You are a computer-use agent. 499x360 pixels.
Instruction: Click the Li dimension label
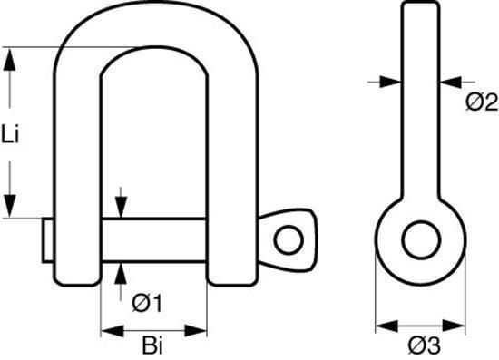click(10, 134)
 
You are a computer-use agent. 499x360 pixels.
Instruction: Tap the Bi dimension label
click(152, 345)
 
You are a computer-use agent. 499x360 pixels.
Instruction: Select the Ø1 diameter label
click(147, 304)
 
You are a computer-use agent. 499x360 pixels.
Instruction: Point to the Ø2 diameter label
click(482, 102)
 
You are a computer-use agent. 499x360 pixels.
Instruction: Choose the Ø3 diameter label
click(425, 345)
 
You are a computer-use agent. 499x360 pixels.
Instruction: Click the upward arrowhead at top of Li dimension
click(10, 59)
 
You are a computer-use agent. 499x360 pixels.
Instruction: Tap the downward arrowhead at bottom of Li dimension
click(10, 206)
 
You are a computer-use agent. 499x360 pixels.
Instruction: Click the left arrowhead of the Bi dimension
click(112, 331)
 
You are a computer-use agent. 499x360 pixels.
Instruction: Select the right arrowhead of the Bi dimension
click(196, 331)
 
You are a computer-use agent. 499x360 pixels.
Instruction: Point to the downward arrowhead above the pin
click(121, 208)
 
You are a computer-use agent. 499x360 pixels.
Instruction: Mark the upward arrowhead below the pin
click(121, 273)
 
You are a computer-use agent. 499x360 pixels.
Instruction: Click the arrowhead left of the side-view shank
click(390, 82)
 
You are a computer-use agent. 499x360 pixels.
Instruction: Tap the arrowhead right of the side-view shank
click(451, 82)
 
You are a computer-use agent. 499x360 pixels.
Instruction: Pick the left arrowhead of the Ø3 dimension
click(387, 326)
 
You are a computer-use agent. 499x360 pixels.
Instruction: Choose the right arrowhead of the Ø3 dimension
click(454, 326)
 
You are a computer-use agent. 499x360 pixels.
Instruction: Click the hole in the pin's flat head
click(289, 239)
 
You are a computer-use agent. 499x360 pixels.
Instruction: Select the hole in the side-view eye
click(421, 239)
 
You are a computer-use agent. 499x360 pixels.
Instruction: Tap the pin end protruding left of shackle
click(48, 240)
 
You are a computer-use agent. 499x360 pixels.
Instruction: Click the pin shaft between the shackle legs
click(154, 240)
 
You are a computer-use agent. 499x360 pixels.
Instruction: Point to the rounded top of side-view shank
click(420, 4)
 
